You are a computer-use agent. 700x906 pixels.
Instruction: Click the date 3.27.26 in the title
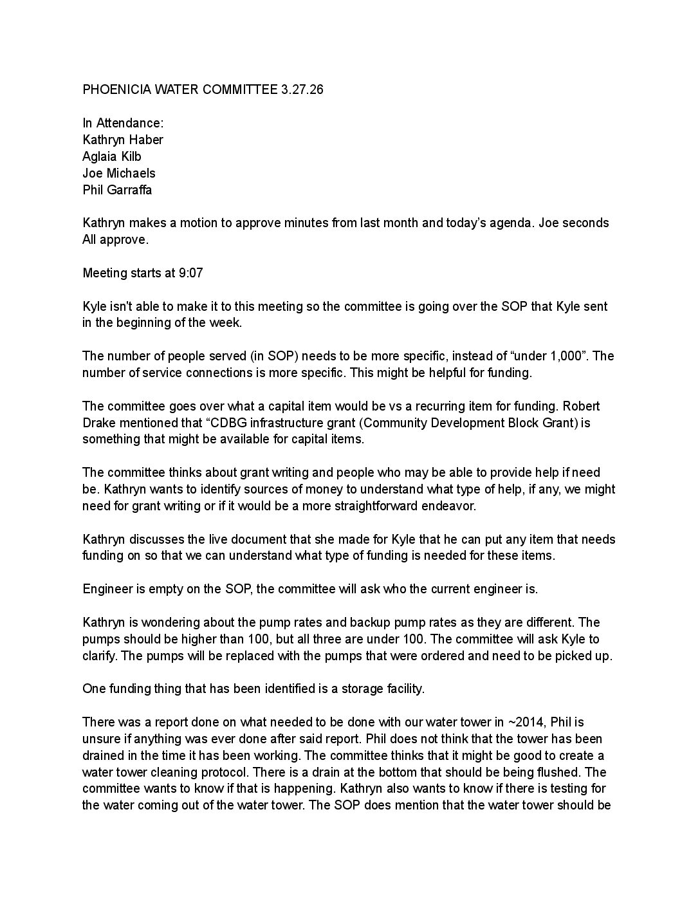point(302,89)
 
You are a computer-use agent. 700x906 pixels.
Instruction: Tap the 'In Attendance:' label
point(123,123)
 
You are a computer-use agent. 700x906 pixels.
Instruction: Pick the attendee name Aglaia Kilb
point(112,156)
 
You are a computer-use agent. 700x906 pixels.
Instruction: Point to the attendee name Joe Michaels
point(119,173)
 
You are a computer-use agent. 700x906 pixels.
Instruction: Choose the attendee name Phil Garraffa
point(117,190)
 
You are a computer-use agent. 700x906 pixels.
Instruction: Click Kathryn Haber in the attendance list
point(123,140)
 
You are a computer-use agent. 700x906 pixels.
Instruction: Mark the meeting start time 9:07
point(191,273)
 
